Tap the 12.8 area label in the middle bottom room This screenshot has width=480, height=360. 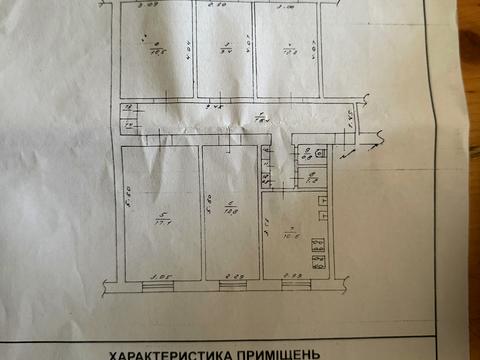point(229,212)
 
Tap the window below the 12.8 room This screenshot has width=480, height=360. point(230,285)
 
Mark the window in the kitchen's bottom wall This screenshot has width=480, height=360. point(295,285)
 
